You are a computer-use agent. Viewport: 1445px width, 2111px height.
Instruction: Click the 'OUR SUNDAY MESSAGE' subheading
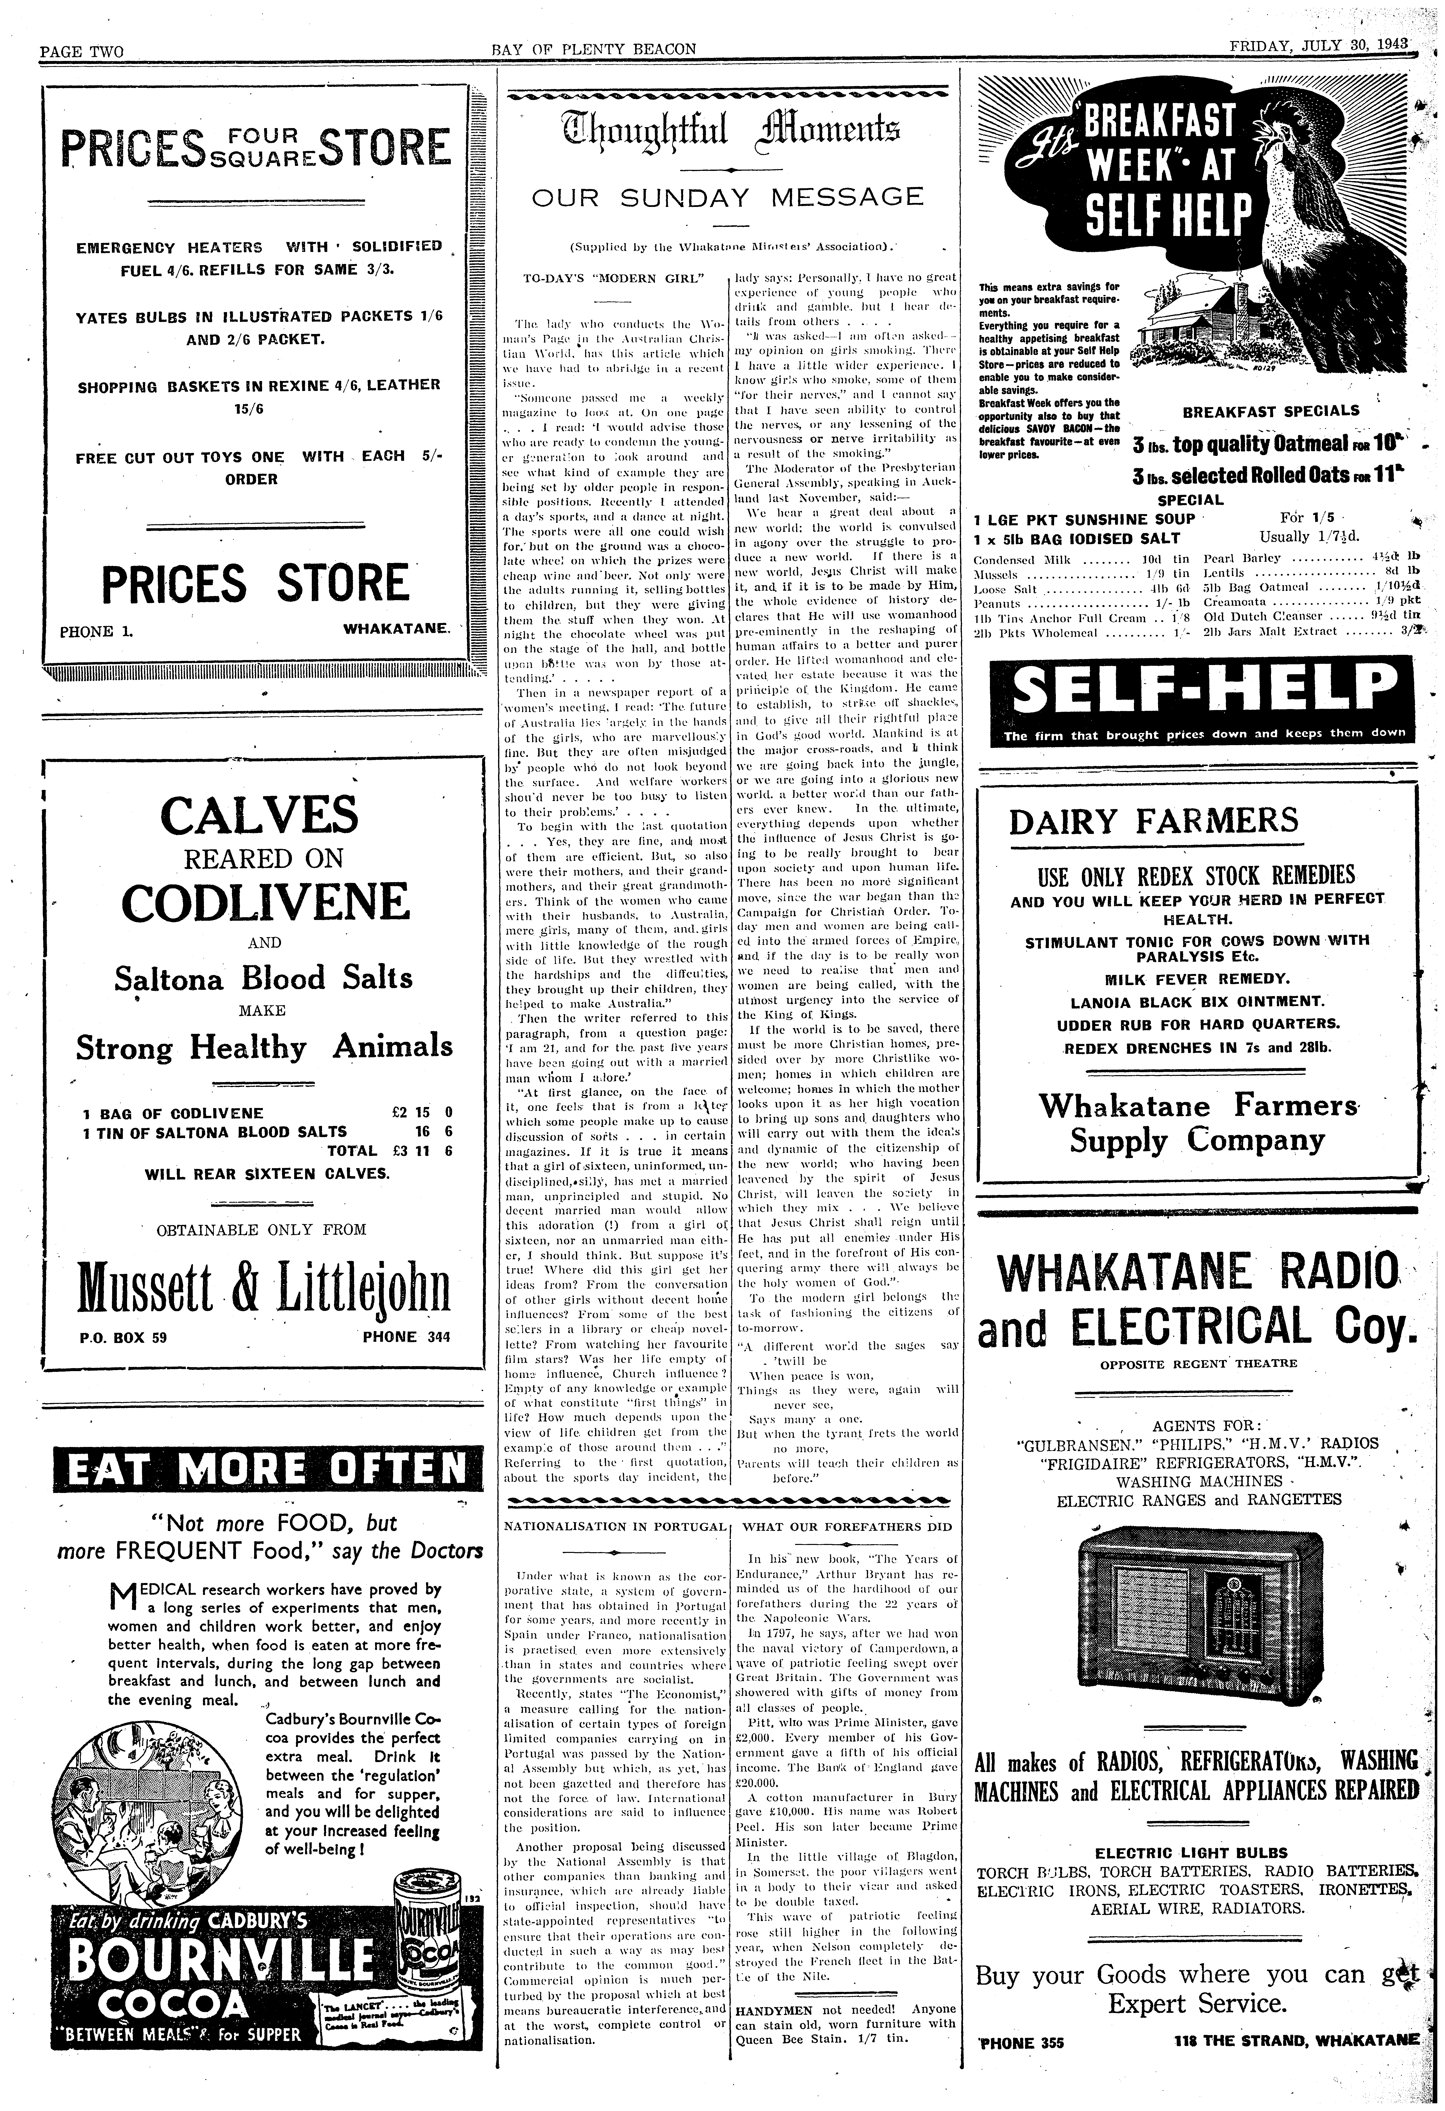(x=727, y=197)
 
